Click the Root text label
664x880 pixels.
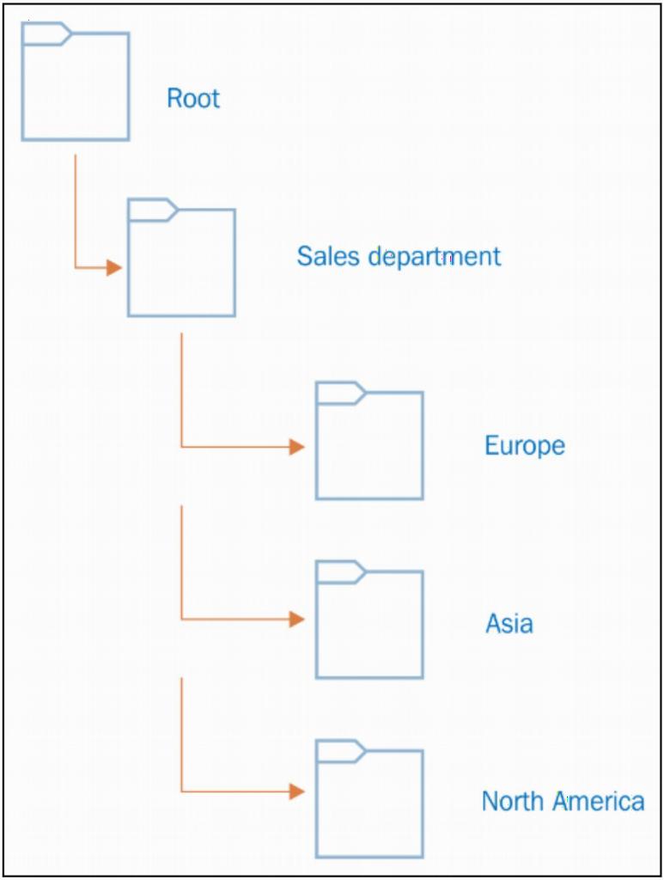pos(193,98)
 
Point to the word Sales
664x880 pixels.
pos(328,256)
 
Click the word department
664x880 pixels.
pos(434,257)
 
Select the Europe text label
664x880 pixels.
pos(525,446)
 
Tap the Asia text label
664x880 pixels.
pos(509,624)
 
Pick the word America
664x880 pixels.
pos(598,801)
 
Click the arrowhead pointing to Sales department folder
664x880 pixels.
pos(114,268)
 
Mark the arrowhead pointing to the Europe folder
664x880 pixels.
pos(297,447)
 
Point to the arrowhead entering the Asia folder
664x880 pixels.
pos(297,619)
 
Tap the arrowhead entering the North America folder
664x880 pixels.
pos(297,791)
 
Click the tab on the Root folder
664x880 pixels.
pos(46,34)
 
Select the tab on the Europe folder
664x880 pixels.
pos(340,393)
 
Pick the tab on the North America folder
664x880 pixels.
pos(340,751)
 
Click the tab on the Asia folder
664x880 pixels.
pos(340,571)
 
